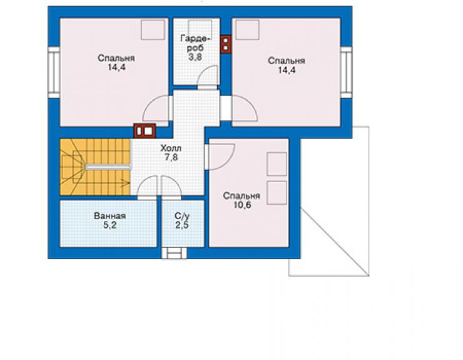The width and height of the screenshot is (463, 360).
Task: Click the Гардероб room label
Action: (x=195, y=43)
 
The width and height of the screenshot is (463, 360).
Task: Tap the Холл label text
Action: (x=171, y=148)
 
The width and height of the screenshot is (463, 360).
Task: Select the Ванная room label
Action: (x=110, y=216)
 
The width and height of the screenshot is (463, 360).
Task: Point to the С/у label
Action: (x=182, y=216)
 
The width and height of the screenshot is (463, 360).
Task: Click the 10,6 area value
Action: (x=242, y=205)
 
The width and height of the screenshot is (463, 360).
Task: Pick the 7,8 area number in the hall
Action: (x=171, y=158)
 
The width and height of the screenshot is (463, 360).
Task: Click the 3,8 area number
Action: (x=195, y=57)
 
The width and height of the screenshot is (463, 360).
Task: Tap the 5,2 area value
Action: (x=110, y=225)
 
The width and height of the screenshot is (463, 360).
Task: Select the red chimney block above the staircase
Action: (x=145, y=131)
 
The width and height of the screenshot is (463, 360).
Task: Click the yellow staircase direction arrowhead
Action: (x=127, y=183)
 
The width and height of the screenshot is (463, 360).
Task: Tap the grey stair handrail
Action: (x=108, y=167)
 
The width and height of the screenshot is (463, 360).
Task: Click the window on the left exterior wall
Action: (x=54, y=73)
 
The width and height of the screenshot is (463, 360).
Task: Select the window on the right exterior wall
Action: (x=346, y=73)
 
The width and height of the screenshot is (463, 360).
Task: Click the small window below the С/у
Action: (x=174, y=253)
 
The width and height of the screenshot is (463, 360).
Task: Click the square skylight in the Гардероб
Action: (x=200, y=29)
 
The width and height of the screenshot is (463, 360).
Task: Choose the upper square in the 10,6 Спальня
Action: (x=277, y=164)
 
